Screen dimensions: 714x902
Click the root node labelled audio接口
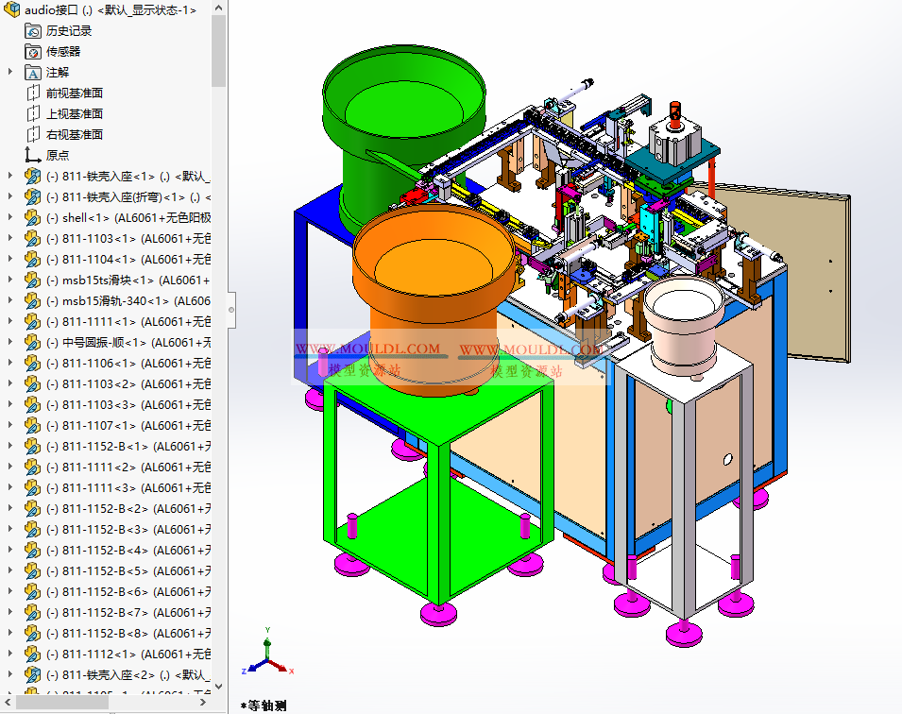57,9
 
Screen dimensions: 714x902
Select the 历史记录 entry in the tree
68,30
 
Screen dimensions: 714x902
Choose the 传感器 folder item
62,51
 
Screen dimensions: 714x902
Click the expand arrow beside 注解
10,72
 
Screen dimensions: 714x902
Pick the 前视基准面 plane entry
74,93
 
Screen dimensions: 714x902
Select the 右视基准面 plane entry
74,134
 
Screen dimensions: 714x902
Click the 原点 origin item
57,155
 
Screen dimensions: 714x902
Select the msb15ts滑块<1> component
104,280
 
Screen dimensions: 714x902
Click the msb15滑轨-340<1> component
113,300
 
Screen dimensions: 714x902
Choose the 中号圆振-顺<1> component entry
104,342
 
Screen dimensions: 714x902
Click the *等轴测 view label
264,705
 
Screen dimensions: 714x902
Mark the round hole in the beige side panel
726,459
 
